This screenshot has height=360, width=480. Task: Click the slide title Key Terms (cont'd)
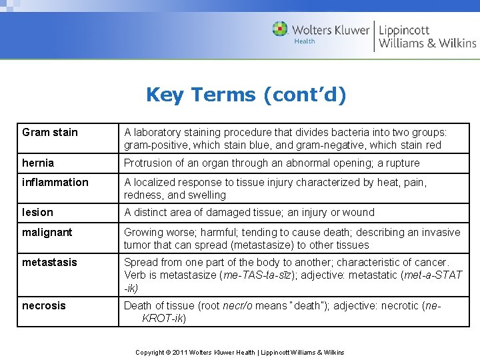(246, 95)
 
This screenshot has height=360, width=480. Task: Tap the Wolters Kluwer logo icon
(280, 29)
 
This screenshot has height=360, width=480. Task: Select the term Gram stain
(50, 132)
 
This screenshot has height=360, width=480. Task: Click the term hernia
(38, 163)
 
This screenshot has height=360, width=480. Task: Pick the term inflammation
(55, 182)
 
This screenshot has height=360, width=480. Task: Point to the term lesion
(37, 212)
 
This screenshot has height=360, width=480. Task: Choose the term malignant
(48, 232)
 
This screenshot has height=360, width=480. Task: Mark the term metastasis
(49, 262)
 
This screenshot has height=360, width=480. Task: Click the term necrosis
(44, 305)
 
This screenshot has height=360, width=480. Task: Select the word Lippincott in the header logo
(404, 30)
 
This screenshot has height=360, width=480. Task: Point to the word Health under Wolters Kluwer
(305, 41)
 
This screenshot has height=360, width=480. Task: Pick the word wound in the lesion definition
(360, 212)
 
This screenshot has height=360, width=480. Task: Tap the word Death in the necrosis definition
(138, 305)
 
